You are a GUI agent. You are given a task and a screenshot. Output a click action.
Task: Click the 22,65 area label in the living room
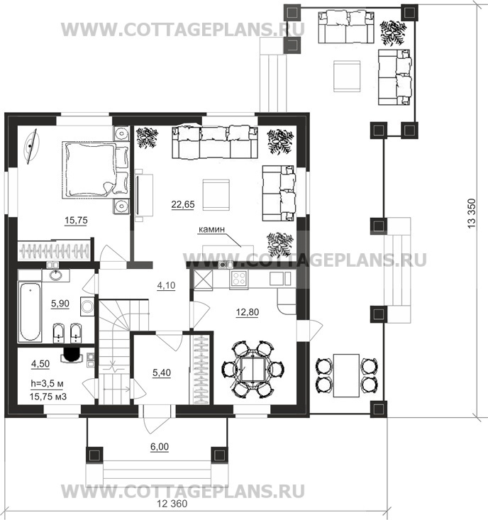coord(183,204)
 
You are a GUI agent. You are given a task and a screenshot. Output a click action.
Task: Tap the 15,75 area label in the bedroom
coord(76,220)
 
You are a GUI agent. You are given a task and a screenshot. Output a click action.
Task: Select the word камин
coord(211,229)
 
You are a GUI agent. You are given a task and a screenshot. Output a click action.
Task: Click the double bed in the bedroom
coord(96,169)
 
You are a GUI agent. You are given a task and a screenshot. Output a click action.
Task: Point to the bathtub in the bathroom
coord(30,311)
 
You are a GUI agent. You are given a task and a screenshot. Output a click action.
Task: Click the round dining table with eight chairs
coord(253,368)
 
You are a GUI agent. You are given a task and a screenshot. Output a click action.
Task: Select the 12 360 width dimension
coord(172,504)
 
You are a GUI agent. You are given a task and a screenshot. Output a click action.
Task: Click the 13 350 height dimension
coord(472,213)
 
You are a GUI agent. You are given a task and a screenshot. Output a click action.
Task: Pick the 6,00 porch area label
coord(160,447)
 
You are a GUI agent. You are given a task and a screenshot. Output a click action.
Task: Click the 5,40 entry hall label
coord(162,372)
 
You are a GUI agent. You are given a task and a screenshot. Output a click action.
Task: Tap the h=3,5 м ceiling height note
coord(47,384)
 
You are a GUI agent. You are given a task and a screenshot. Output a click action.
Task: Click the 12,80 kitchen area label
coord(248,312)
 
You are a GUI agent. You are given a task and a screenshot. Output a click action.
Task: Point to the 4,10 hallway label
coord(166,285)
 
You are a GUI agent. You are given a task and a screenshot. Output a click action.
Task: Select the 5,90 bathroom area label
coord(60,303)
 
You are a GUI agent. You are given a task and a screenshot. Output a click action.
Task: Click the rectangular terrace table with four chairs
coord(346,375)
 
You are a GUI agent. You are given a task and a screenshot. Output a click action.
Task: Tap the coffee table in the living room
coord(216,194)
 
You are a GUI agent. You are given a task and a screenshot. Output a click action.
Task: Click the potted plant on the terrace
coord(393,33)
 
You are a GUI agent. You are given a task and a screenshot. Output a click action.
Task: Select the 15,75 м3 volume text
coord(48,397)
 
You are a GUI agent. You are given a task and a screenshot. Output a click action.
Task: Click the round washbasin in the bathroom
coord(55,275)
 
